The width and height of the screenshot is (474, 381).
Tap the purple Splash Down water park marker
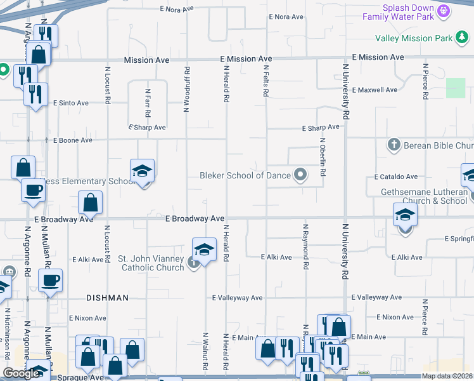point(444,11)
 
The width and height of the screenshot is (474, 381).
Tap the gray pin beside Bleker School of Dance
point(301,175)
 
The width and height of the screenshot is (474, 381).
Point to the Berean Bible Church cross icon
point(394,145)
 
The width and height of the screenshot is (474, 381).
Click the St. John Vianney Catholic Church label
point(151,263)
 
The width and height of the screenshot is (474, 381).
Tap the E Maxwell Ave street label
point(375,90)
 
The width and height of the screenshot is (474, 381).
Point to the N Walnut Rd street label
point(205,351)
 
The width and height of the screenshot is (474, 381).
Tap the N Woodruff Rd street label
point(187,89)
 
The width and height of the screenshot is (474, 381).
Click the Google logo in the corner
point(22,373)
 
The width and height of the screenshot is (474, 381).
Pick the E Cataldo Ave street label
point(396,177)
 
